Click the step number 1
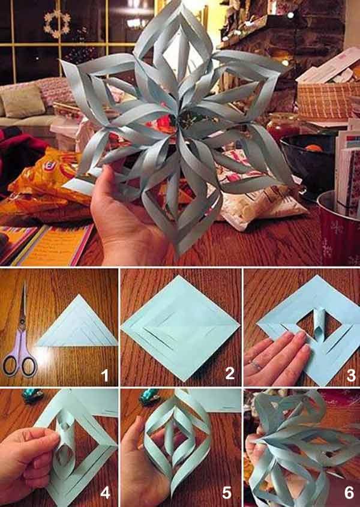105,376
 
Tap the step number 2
229,374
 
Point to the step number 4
105,493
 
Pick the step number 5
227,493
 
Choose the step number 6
349,493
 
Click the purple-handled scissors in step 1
20,336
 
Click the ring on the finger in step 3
256,364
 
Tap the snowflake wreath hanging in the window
57,22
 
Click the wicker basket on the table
327,99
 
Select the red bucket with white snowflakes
339,231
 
